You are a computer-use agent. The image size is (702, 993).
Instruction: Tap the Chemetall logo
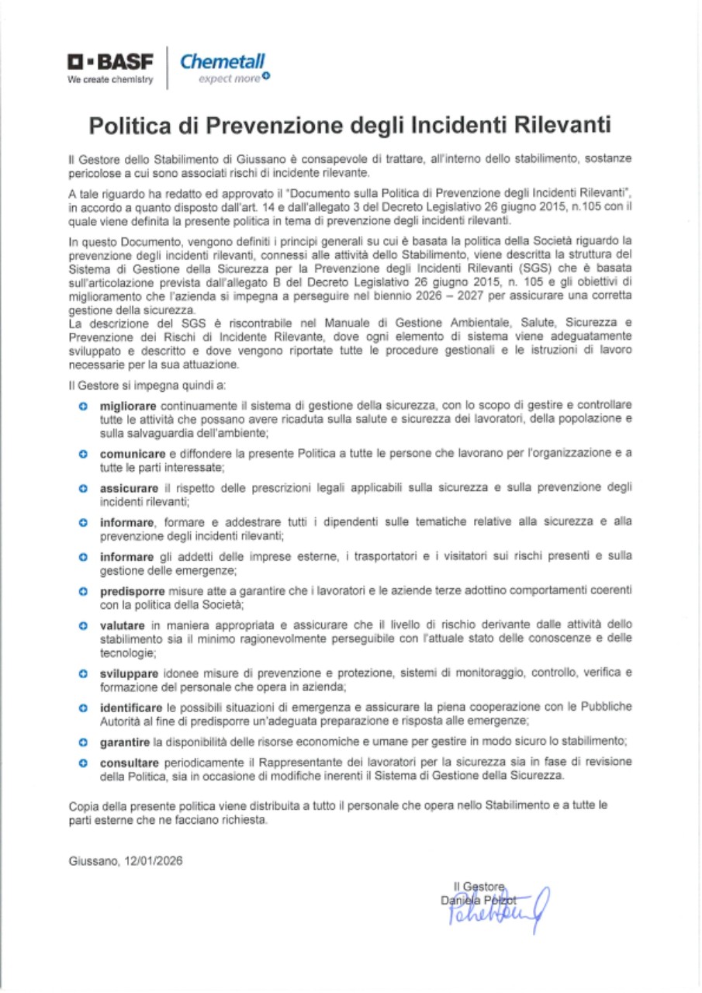[x=223, y=62]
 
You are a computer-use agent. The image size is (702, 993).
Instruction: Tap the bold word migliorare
[x=128, y=406]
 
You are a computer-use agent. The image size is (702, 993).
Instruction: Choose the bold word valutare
[x=120, y=625]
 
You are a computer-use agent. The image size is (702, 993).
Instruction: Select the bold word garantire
[x=125, y=742]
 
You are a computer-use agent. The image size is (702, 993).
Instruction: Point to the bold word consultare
[x=130, y=762]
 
